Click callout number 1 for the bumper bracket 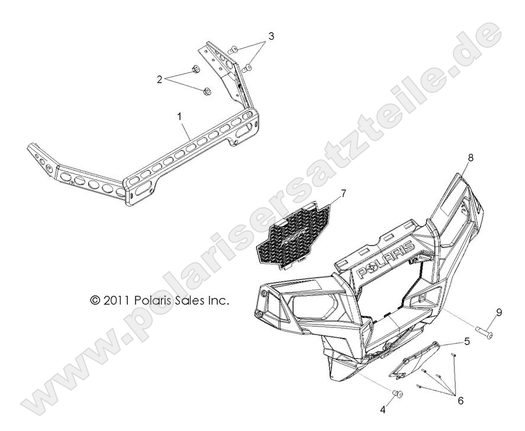click(179, 116)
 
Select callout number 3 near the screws click(271, 36)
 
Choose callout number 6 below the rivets click(460, 401)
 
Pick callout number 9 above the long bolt click(498, 313)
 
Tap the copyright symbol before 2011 click(95, 301)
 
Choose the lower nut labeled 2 click(207, 92)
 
